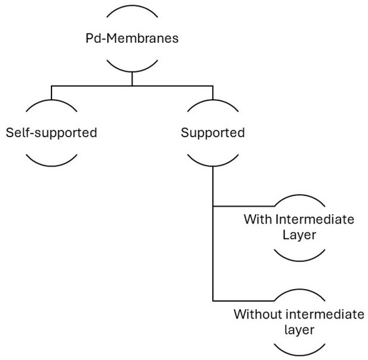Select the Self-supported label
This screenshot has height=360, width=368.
coord(51,132)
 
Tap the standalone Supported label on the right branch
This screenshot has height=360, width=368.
coord(213,132)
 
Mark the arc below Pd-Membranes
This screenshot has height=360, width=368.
coord(132,66)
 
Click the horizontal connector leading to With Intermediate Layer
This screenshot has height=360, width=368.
coord(242,206)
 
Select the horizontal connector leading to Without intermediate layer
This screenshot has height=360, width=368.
coord(242,300)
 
